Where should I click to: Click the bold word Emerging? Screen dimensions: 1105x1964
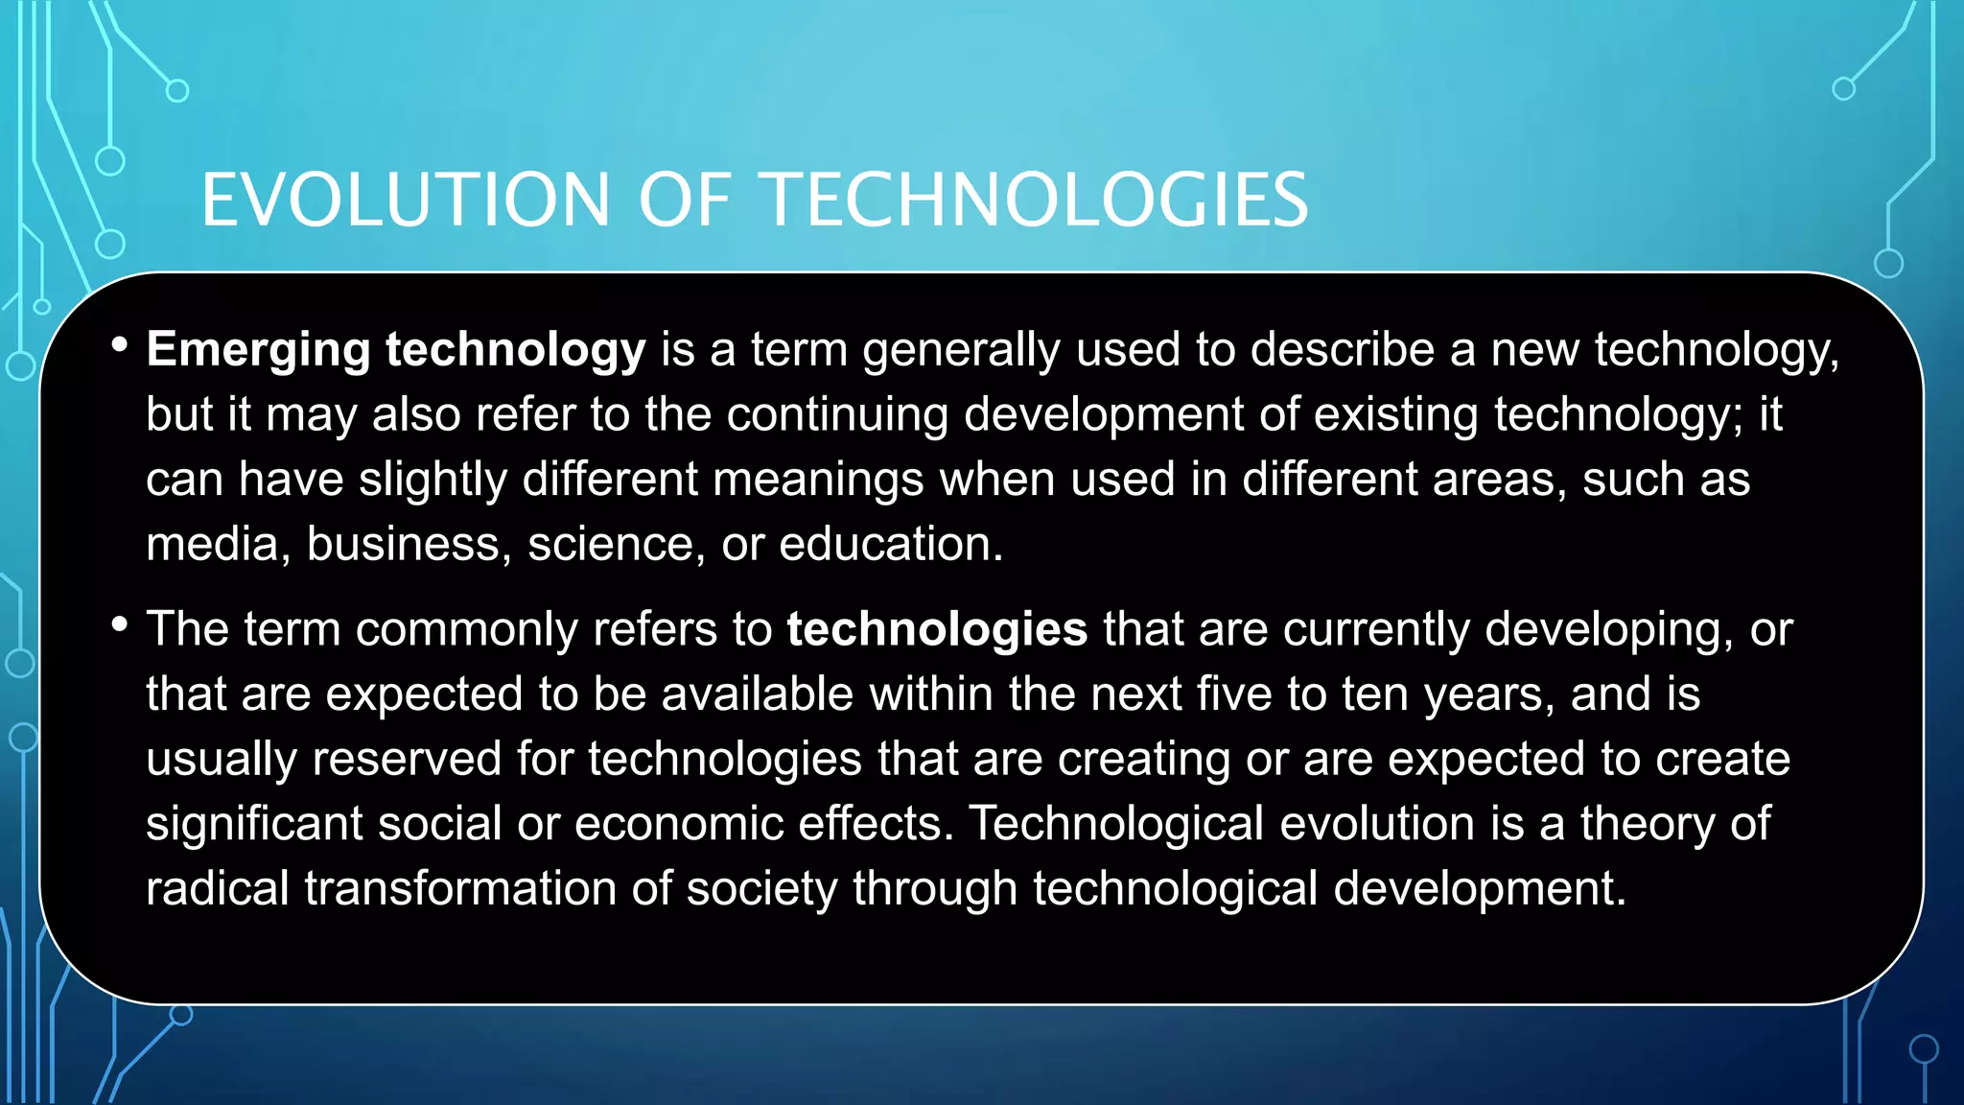tap(258, 350)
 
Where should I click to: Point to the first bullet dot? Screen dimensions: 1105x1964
tap(119, 344)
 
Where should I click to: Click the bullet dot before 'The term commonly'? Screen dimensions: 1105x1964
tap(119, 624)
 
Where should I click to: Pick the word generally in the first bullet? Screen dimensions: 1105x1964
tap(961, 350)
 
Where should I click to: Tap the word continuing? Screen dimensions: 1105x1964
tap(837, 414)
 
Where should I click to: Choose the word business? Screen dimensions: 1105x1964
tap(403, 544)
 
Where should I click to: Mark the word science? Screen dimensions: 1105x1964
tap(610, 544)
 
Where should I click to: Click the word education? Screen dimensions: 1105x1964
tap(890, 544)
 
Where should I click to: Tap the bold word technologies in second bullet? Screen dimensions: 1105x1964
tap(937, 629)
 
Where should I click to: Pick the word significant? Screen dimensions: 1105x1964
tap(254, 823)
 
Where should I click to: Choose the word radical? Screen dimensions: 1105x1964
tap(217, 887)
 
